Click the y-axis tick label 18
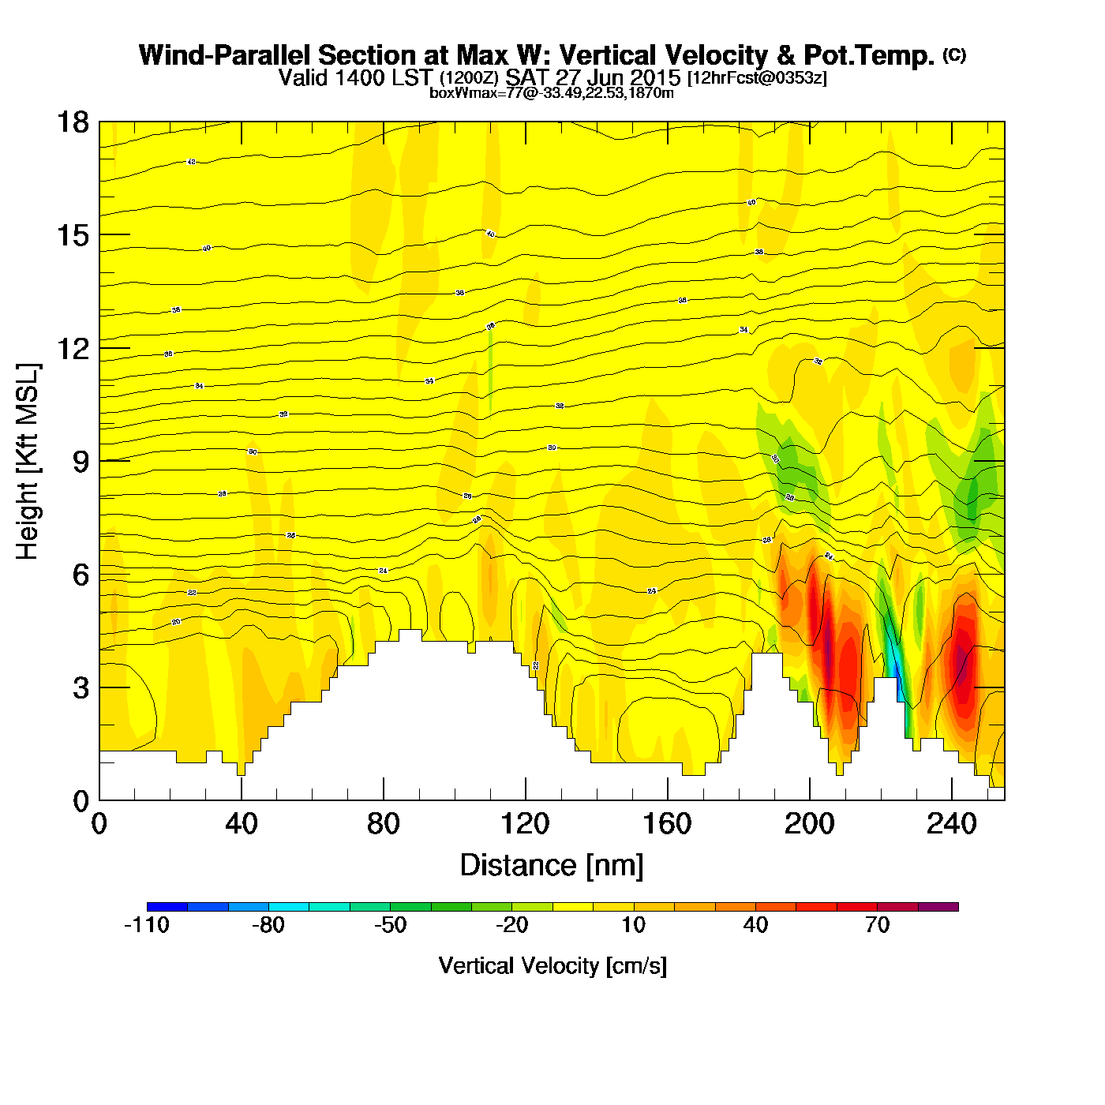click(x=73, y=122)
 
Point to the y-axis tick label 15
click(x=73, y=235)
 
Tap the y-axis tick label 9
click(x=81, y=462)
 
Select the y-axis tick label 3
click(x=81, y=688)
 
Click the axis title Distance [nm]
click(x=552, y=866)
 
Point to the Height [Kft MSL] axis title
click(x=28, y=462)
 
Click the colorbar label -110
click(x=147, y=925)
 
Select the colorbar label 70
click(x=877, y=925)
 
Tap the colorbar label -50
click(x=390, y=925)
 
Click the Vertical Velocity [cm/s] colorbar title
click(x=552, y=965)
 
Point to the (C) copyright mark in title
click(x=954, y=54)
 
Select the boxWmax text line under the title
click(x=552, y=93)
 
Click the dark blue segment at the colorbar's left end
click(x=167, y=907)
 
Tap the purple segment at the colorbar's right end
click(x=938, y=907)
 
